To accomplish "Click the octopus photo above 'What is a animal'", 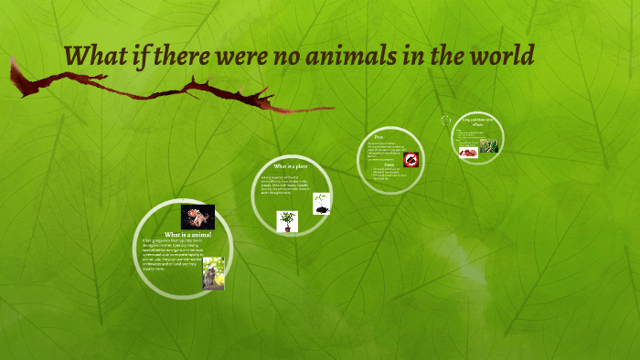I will [197, 217].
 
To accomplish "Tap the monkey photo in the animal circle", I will [213, 273].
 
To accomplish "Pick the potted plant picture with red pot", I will [288, 221].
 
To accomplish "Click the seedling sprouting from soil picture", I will [321, 204].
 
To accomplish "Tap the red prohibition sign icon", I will [411, 159].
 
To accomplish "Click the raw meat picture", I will [469, 152].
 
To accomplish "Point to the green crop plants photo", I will [490, 145].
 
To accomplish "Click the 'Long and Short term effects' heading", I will [476, 122].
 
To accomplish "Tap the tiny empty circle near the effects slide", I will [447, 120].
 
